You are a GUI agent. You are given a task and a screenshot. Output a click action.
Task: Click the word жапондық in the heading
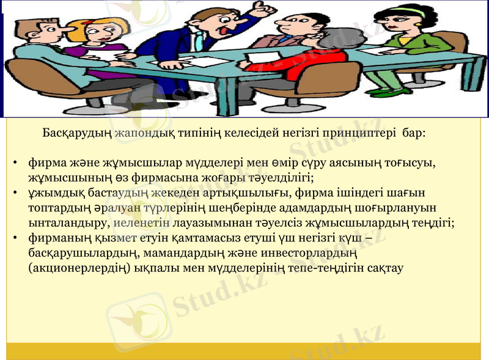[x=139, y=132]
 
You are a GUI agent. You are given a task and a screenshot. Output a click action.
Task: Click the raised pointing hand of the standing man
[x=264, y=9]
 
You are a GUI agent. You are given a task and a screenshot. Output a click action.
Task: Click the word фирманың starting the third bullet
[x=54, y=237]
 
